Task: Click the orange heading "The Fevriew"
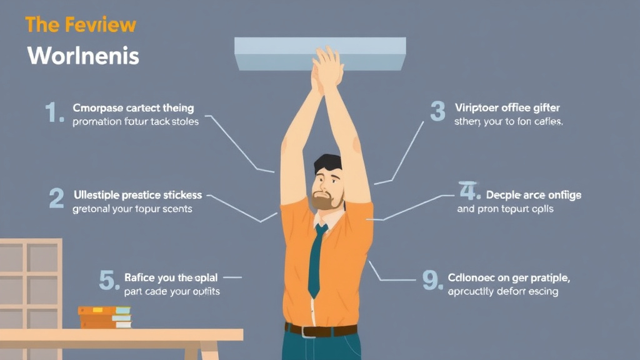(x=81, y=25)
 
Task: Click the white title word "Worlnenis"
(x=83, y=56)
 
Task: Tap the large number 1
(x=54, y=113)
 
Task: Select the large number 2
(x=56, y=199)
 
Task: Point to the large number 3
(x=437, y=111)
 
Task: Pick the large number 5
(x=109, y=281)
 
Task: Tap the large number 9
(x=432, y=281)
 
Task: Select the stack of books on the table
(x=104, y=317)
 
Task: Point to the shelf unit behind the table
(x=29, y=281)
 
